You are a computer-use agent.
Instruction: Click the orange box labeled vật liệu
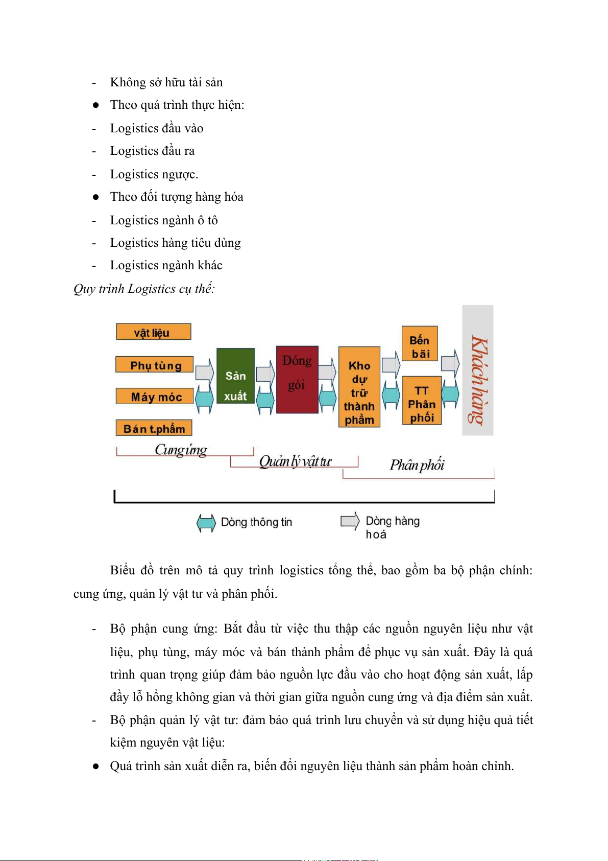153,332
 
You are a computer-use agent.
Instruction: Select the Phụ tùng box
155,365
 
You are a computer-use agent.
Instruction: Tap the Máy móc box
155,397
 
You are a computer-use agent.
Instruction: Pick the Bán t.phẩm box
154,428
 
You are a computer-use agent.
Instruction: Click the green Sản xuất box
235,376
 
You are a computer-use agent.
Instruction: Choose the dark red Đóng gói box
297,380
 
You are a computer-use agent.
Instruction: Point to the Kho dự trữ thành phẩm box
359,387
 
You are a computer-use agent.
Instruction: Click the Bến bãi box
420,343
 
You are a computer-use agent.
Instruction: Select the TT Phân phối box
422,401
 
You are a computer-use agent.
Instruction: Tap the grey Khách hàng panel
477,370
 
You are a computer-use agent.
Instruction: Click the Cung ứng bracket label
181,450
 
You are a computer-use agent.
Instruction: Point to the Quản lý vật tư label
295,461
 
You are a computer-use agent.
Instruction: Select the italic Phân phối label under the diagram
417,464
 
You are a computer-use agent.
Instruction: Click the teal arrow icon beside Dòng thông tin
206,523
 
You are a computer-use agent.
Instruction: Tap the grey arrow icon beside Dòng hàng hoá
350,521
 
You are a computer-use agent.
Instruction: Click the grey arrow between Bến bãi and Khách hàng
450,363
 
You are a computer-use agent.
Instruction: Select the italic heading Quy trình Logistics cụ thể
144,289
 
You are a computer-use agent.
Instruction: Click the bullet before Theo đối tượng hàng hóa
95,197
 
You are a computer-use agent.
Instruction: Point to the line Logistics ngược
154,174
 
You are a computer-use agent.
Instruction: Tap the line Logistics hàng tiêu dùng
175,243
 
